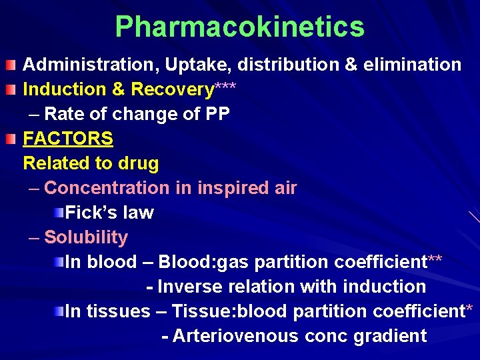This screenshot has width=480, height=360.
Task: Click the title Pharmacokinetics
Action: pyautogui.click(x=239, y=27)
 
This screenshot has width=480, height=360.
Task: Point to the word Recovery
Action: pyautogui.click(x=173, y=89)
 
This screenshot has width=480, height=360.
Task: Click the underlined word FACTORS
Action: pyautogui.click(x=68, y=139)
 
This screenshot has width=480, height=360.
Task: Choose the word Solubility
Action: pyautogui.click(x=86, y=237)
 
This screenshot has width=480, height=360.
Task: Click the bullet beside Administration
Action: pyautogui.click(x=11, y=65)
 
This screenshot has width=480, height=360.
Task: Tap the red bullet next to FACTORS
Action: pyautogui.click(x=11, y=139)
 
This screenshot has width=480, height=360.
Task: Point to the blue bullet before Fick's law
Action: pyautogui.click(x=59, y=213)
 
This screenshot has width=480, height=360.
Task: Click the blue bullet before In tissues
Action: pyautogui.click(x=59, y=311)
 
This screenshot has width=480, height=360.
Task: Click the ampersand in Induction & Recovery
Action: pyautogui.click(x=119, y=89)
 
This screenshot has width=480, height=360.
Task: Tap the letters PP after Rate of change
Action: pyautogui.click(x=217, y=114)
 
